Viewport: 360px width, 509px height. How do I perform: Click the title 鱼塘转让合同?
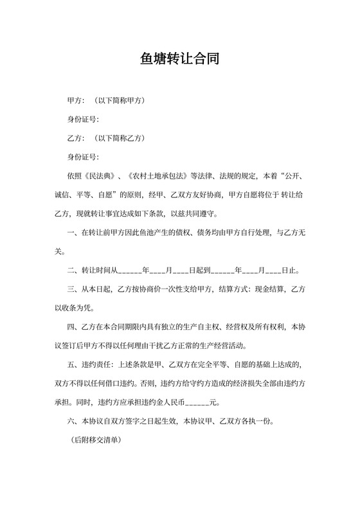180,59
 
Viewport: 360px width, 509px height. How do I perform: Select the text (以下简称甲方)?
119,101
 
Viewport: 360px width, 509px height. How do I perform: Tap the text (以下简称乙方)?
119,138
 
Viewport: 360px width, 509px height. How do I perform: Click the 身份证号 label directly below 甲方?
82,120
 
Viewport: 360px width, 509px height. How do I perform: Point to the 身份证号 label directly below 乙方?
82,157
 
